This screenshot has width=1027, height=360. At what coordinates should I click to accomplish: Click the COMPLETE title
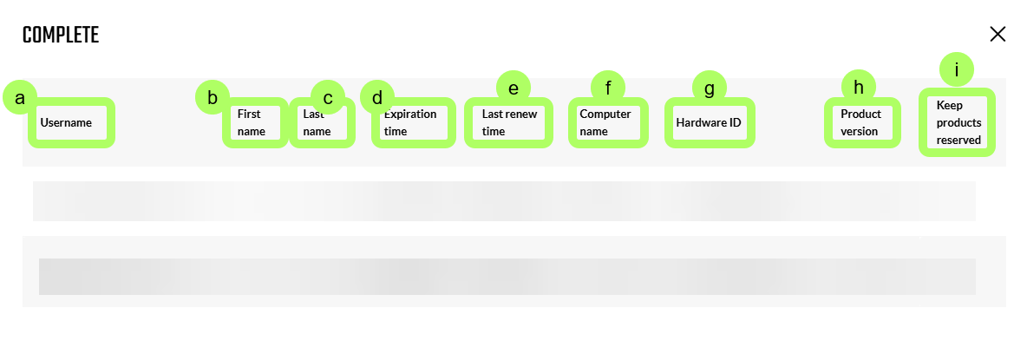(60, 36)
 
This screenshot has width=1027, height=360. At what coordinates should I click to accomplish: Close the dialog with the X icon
(998, 35)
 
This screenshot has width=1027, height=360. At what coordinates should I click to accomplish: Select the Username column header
(66, 122)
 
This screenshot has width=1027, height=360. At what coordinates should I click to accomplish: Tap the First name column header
(252, 122)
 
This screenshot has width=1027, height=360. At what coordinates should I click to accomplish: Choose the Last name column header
(317, 122)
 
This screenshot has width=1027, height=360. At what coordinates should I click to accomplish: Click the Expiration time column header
(410, 122)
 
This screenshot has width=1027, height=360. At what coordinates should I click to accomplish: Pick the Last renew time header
(509, 122)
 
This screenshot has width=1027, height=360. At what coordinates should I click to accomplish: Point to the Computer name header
(605, 122)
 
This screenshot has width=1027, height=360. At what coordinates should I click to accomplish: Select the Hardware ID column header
(709, 122)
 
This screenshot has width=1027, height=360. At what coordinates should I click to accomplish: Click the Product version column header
(861, 122)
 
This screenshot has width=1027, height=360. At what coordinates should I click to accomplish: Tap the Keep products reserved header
(958, 122)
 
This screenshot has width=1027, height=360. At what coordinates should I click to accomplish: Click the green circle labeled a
(20, 98)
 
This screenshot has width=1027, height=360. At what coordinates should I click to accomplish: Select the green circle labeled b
(213, 97)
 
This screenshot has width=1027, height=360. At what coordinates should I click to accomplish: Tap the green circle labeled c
(328, 97)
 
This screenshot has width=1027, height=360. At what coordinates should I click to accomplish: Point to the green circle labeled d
(377, 97)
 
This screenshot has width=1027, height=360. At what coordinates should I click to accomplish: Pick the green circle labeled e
(513, 88)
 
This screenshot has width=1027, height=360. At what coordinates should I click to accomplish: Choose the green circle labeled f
(608, 88)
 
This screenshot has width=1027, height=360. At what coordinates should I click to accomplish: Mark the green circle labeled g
(710, 88)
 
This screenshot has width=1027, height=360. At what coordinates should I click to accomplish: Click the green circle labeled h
(859, 88)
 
